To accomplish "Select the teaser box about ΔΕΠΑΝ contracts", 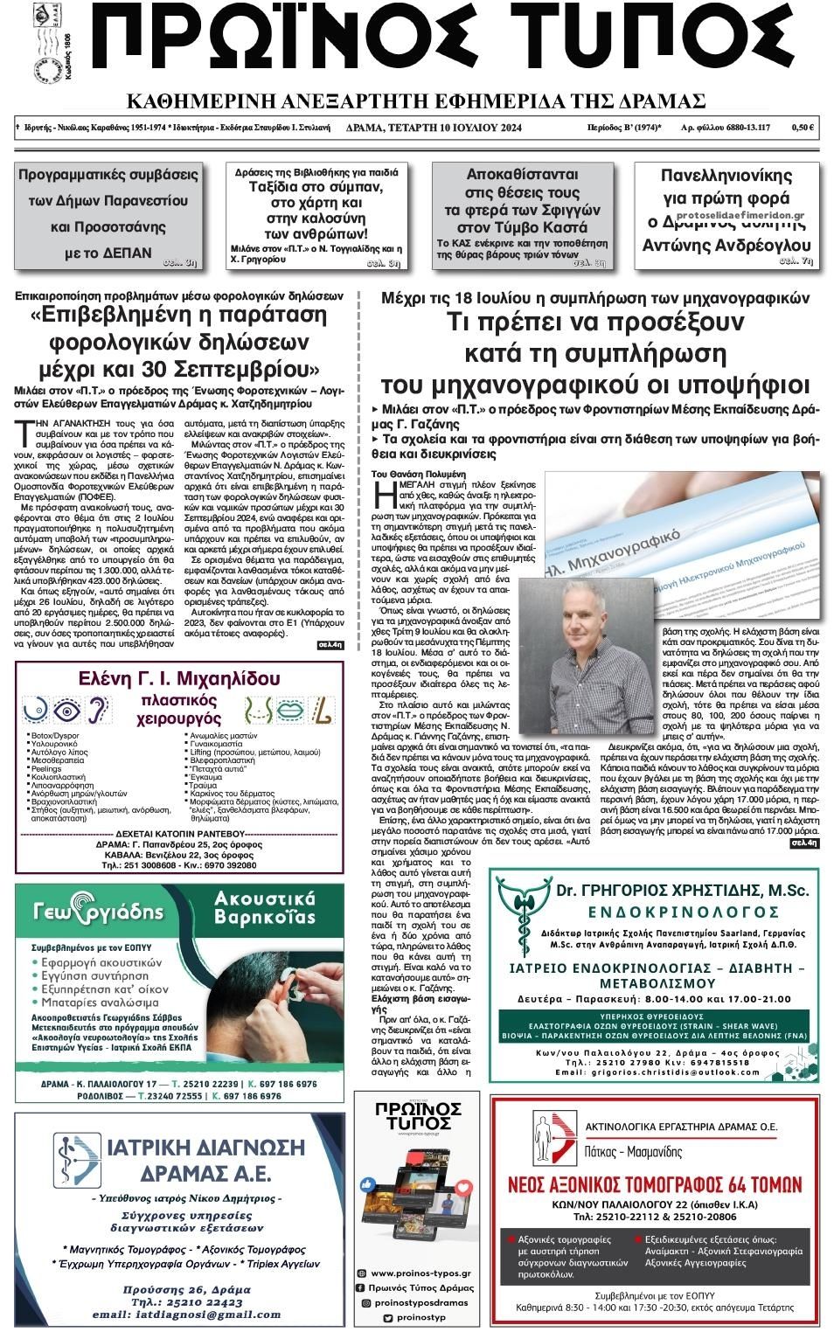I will pyautogui.click(x=108, y=214).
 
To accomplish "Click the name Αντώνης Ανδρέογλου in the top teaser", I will pyautogui.click(x=726, y=245).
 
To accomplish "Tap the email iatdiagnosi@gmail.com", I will pyautogui.click(x=185, y=1314).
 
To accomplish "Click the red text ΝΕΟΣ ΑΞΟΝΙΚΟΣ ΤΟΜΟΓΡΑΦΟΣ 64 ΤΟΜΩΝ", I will pyautogui.click(x=656, y=1184).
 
